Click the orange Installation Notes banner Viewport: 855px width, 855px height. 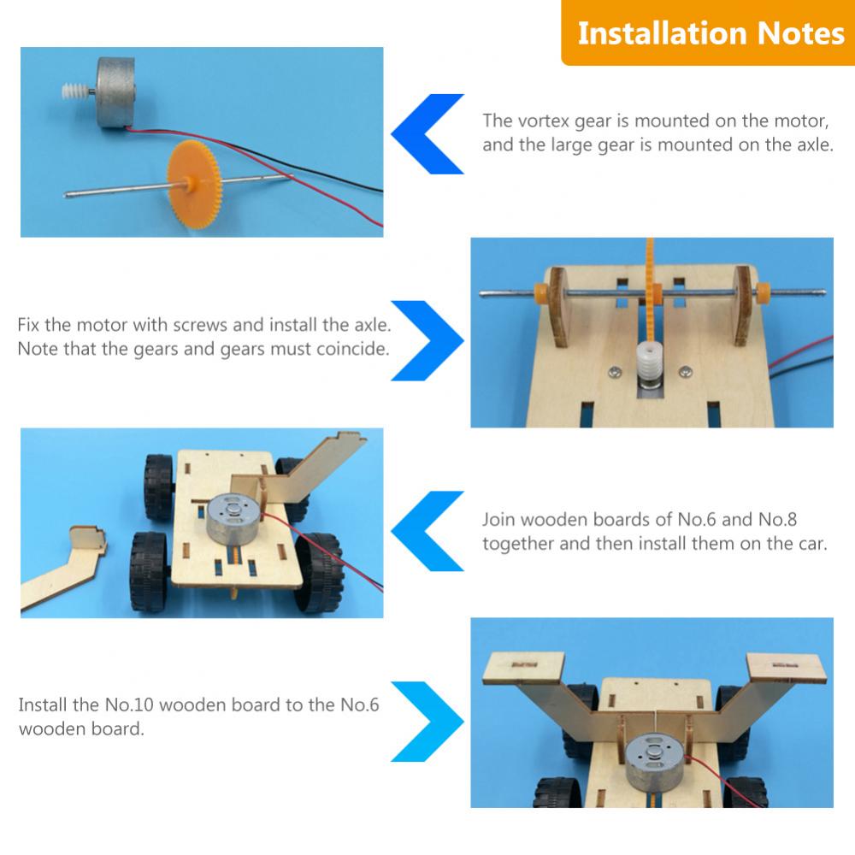point(708,32)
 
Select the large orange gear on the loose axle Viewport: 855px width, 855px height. point(194,184)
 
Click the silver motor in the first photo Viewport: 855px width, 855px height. point(115,92)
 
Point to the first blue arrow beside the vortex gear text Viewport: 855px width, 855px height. point(427,134)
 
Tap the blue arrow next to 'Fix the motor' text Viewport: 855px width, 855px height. point(427,340)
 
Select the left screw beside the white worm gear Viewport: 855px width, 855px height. point(615,373)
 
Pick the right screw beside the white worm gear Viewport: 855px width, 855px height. point(686,373)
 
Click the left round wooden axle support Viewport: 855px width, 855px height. point(558,307)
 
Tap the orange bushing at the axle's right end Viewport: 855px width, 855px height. point(763,293)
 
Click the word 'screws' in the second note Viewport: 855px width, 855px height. point(199,325)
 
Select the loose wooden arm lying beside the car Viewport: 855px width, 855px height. point(63,567)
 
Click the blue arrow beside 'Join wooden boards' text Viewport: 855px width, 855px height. point(427,531)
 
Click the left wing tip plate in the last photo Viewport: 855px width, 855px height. point(524,668)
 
